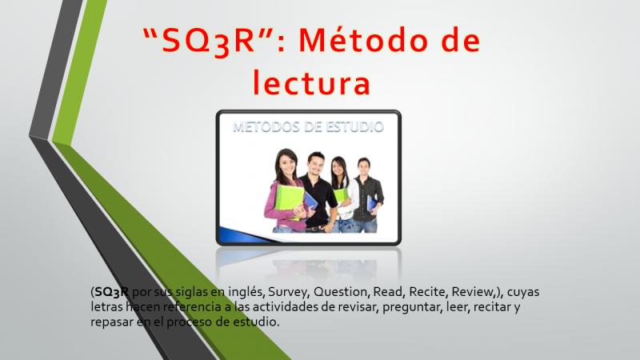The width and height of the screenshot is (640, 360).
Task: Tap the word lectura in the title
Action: click(x=311, y=82)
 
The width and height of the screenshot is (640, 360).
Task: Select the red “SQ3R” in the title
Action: click(x=208, y=42)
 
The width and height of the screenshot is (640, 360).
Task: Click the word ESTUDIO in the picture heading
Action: click(x=349, y=127)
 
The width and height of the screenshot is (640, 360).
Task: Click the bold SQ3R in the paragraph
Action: click(x=111, y=292)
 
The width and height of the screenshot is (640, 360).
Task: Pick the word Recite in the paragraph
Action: click(x=428, y=292)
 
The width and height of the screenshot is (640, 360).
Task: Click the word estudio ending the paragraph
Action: click(x=256, y=322)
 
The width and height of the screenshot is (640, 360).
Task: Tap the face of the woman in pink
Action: click(x=287, y=163)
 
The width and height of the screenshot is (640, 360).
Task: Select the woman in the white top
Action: click(x=343, y=194)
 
